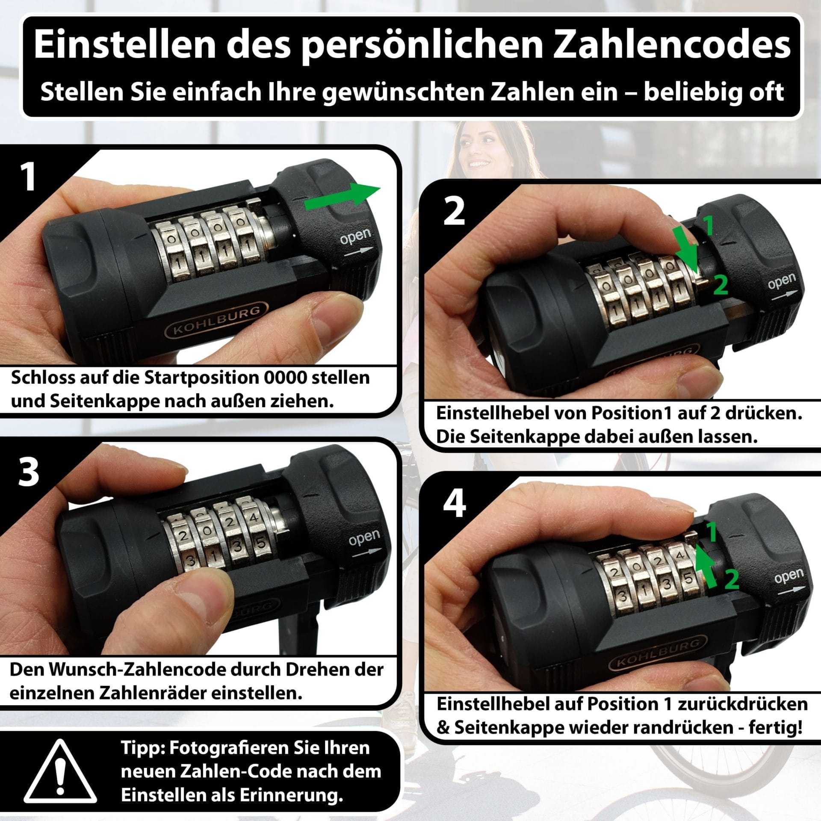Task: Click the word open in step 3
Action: pos(364,538)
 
